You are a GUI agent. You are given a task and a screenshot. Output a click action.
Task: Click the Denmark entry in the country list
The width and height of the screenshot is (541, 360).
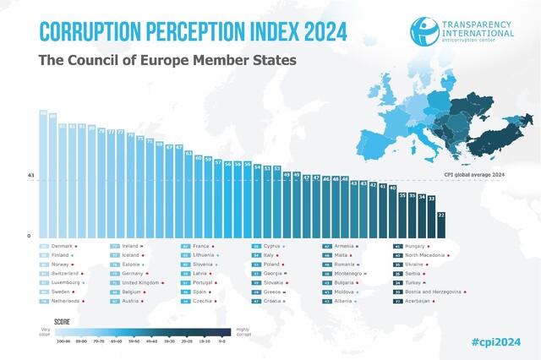click(63, 246)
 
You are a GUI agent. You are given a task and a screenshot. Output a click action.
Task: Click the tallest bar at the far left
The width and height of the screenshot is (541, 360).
click(43, 173)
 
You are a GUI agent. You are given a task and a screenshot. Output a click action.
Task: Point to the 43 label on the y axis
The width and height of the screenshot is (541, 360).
click(31, 175)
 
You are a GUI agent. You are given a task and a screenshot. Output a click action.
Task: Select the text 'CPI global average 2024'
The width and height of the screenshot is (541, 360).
click(474, 174)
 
